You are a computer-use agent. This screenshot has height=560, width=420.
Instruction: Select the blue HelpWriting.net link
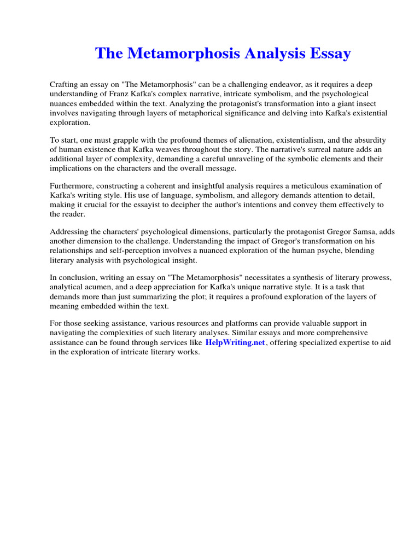235,342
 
